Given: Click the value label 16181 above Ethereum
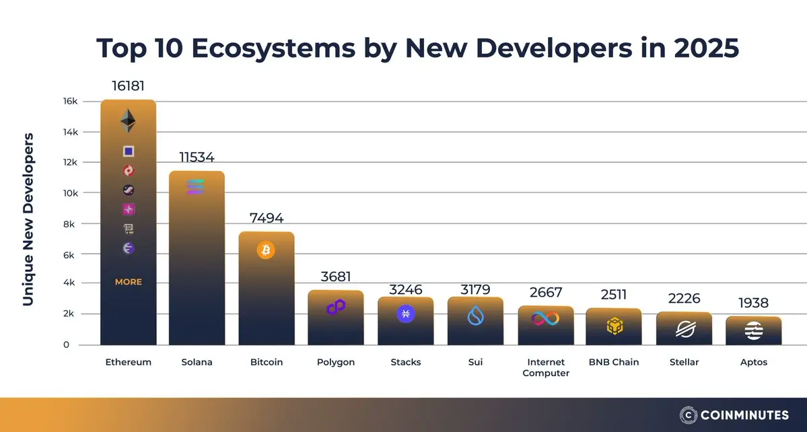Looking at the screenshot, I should (x=128, y=86).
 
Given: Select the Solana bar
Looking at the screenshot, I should (x=197, y=269).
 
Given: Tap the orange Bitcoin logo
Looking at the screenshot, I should (x=266, y=250).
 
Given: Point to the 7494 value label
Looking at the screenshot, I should (x=266, y=218).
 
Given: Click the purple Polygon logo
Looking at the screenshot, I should (x=336, y=308).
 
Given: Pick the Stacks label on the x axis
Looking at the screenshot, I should (x=406, y=362).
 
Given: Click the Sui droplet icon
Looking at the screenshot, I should (x=476, y=315).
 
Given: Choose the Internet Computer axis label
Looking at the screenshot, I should (x=546, y=367).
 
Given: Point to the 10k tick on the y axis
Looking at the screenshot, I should (x=71, y=193).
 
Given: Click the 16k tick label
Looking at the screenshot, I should (x=71, y=101).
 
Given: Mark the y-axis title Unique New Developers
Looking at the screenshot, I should (x=28, y=219).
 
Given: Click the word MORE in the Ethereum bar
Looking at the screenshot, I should (x=128, y=282).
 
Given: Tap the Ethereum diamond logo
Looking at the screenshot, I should (x=128, y=122).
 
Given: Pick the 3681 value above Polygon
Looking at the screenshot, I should (x=336, y=277).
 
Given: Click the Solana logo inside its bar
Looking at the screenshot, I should (x=196, y=187).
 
